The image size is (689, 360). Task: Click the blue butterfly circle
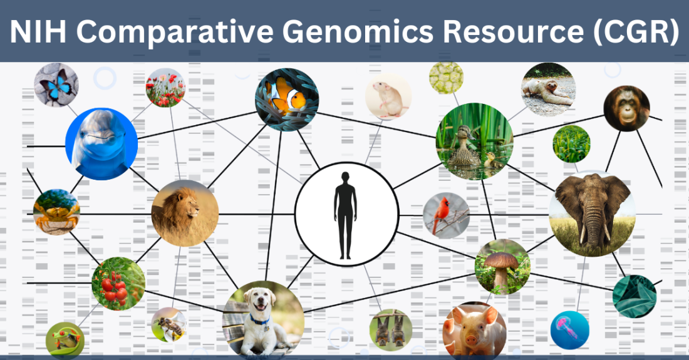(x=56, y=85)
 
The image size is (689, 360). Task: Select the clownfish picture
(x=287, y=100)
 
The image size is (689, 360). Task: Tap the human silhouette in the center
(x=345, y=215)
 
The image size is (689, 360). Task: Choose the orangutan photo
(x=626, y=108)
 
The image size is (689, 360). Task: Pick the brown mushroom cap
(x=501, y=260)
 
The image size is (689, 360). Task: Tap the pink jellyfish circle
(x=570, y=330)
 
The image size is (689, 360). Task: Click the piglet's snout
(x=472, y=339)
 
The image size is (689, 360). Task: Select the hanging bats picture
(x=391, y=330)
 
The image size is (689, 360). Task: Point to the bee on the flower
(x=169, y=326)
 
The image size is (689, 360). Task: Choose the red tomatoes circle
(x=118, y=284)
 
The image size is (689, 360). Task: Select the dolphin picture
(x=101, y=144)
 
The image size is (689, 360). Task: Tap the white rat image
(x=388, y=97)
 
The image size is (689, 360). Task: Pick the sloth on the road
(x=547, y=90)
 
